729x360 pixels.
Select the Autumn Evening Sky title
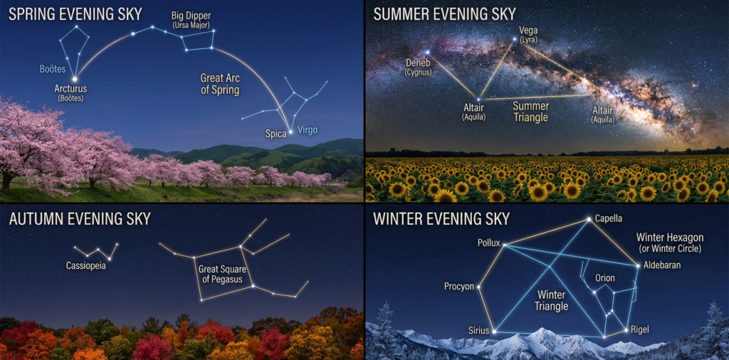coord(80,218)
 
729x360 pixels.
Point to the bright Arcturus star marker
coord(75,79)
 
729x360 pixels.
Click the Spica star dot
coord(290,132)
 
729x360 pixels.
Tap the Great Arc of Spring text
coord(220,84)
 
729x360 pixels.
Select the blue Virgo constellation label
coord(308,130)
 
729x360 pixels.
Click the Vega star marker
coord(515,39)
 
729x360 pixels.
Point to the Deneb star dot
coord(427,52)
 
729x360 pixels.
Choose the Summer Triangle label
coord(531,112)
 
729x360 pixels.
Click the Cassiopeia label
coord(85,266)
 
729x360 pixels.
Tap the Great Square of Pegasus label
coord(222,274)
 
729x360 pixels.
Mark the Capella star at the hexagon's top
coord(589,219)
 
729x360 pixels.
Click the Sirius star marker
coord(494,332)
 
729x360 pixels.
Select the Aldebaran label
coord(662,265)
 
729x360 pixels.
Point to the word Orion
coord(605,278)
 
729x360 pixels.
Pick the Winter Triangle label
coord(552,300)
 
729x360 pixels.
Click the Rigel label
coord(640,330)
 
